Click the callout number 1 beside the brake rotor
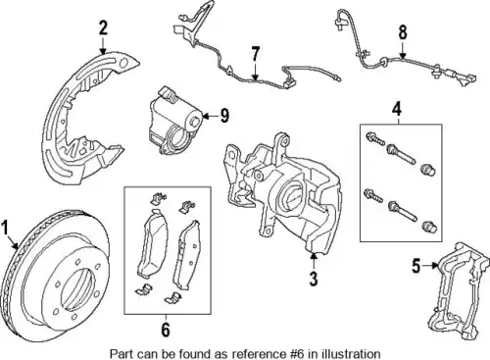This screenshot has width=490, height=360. pyautogui.click(x=5, y=229)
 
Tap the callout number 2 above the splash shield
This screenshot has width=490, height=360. pyautogui.click(x=103, y=28)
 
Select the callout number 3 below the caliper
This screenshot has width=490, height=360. pyautogui.click(x=314, y=279)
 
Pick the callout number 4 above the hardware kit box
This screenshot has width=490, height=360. pyautogui.click(x=397, y=109)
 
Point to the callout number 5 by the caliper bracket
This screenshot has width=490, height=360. pyautogui.click(x=416, y=266)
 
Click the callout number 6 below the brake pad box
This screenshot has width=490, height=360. pyautogui.click(x=166, y=330)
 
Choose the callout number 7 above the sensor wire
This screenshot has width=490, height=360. pyautogui.click(x=255, y=54)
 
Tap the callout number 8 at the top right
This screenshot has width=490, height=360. pyautogui.click(x=403, y=32)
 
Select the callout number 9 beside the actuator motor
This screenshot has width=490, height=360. pyautogui.click(x=224, y=116)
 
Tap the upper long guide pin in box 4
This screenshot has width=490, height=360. pyautogui.click(x=401, y=154)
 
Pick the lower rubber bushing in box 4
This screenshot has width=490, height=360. pyautogui.click(x=430, y=227)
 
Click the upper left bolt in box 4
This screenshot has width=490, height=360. pyautogui.click(x=374, y=139)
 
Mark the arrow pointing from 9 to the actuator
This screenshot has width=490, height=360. pyautogui.click(x=210, y=116)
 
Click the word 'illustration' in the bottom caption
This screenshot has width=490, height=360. pyautogui.click(x=351, y=353)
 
